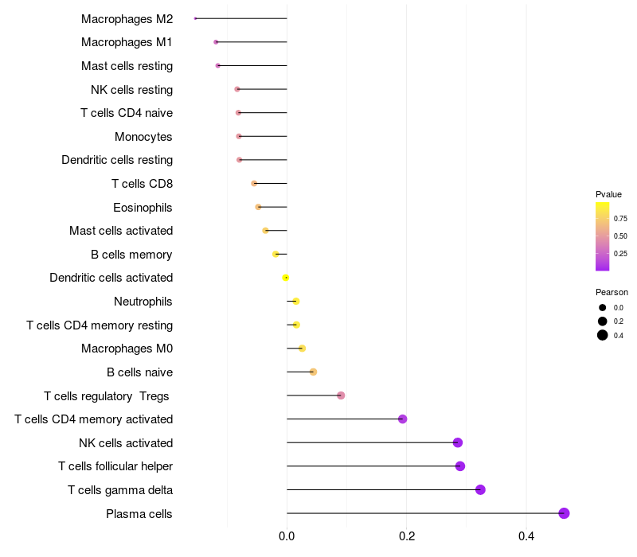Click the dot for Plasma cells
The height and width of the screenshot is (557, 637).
(564, 513)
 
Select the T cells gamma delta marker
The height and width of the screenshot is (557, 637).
(480, 489)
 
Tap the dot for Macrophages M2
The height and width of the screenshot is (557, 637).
(195, 18)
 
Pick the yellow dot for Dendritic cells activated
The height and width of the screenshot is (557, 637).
(286, 278)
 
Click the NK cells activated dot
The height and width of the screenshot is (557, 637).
(458, 442)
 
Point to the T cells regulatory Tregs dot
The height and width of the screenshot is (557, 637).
(341, 395)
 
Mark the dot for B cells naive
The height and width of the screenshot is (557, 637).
(313, 372)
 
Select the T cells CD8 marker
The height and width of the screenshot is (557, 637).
(254, 184)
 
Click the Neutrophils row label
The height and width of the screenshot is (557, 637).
(143, 302)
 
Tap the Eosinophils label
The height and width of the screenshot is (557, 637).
(143, 208)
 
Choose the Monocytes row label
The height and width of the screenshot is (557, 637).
(143, 137)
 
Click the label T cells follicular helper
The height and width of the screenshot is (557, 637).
(115, 466)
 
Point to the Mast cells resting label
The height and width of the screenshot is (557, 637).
(127, 66)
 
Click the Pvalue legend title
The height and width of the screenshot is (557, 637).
(608, 194)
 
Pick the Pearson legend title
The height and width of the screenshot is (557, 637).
(612, 292)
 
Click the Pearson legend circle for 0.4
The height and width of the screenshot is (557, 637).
(603, 335)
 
